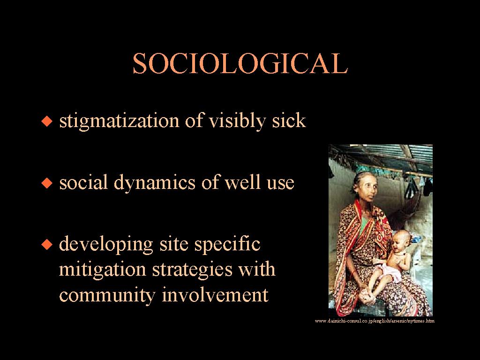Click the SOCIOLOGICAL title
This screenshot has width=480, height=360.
pos(240,63)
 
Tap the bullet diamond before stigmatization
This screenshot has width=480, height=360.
pos(47,121)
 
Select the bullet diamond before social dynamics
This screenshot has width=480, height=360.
pos(47,183)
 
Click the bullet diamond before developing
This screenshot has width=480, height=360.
pos(47,245)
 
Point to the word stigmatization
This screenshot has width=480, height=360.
pos(119,121)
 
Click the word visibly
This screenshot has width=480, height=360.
pos(237,121)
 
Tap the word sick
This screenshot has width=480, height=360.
pos(289,120)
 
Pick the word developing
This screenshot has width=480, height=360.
pos(106,245)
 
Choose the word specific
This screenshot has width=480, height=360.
pos(227,245)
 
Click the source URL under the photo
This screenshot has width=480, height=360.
pos(375,321)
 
